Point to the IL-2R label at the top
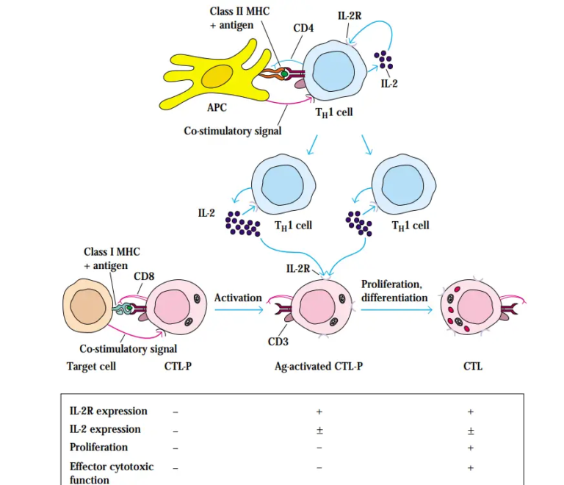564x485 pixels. coord(350,15)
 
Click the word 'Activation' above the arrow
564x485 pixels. coord(238,298)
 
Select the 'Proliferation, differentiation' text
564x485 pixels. coord(394,291)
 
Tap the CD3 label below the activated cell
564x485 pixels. coord(278,341)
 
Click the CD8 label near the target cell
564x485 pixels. coord(143,276)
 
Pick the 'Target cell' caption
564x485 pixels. coord(92,366)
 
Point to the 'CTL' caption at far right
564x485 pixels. coord(473,366)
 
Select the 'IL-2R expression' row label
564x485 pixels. coord(108,411)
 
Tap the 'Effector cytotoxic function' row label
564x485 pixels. coord(112,473)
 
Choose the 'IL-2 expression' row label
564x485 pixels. coord(105,429)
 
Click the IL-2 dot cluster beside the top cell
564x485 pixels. coord(383,60)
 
